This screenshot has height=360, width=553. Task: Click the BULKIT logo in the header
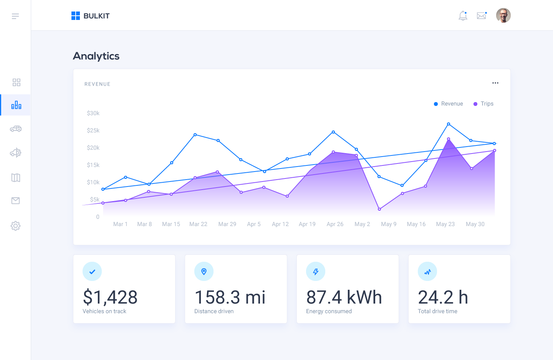pos(91,16)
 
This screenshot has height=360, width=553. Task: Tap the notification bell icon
pos(463,16)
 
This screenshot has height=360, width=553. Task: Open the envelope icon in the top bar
pos(482,16)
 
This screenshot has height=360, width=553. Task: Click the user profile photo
pos(503,16)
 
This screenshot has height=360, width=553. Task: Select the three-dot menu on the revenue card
pos(495,83)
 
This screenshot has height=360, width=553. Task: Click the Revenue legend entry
pos(449,104)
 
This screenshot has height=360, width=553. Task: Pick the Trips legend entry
pos(483,104)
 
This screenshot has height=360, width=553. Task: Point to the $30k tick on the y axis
pos(93,113)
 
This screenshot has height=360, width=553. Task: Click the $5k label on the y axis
pos(95,200)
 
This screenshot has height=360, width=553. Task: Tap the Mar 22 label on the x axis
pos(198,224)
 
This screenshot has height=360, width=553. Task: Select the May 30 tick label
pos(475,224)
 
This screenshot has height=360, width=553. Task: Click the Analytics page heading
pos(96,56)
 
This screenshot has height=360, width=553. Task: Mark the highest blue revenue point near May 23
pos(449,124)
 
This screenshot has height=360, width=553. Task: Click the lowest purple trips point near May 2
pos(379,209)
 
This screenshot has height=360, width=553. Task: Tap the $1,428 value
pos(110,297)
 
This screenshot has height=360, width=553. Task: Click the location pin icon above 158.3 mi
pos(204,272)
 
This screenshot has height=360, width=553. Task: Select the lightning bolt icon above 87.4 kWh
pos(316,272)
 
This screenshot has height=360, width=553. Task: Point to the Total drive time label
pos(437,311)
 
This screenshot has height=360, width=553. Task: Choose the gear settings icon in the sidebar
pos(15,226)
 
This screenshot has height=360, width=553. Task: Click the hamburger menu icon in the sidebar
pos(15,16)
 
